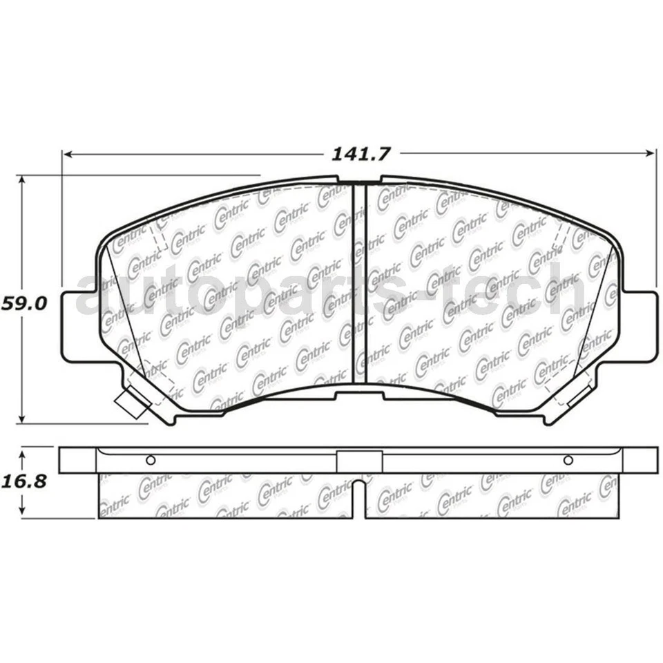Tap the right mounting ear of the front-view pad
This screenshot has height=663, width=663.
coord(642,325)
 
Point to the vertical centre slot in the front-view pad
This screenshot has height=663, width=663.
coord(358,283)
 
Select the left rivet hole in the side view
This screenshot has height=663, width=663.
coord(151,461)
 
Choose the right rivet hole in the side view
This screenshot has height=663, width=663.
coord(568,461)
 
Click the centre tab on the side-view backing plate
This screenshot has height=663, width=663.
coord(359,461)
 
